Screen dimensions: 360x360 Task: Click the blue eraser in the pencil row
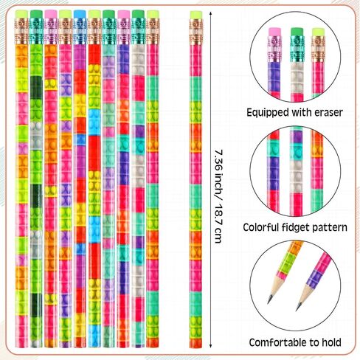80,14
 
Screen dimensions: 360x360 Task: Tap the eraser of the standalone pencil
196,15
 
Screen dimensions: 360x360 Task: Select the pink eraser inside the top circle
274,32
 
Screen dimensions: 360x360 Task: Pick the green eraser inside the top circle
297,32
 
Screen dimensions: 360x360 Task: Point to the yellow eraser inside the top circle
318,32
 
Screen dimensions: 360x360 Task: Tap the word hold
331,342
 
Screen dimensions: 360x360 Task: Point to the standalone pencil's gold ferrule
196,32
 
